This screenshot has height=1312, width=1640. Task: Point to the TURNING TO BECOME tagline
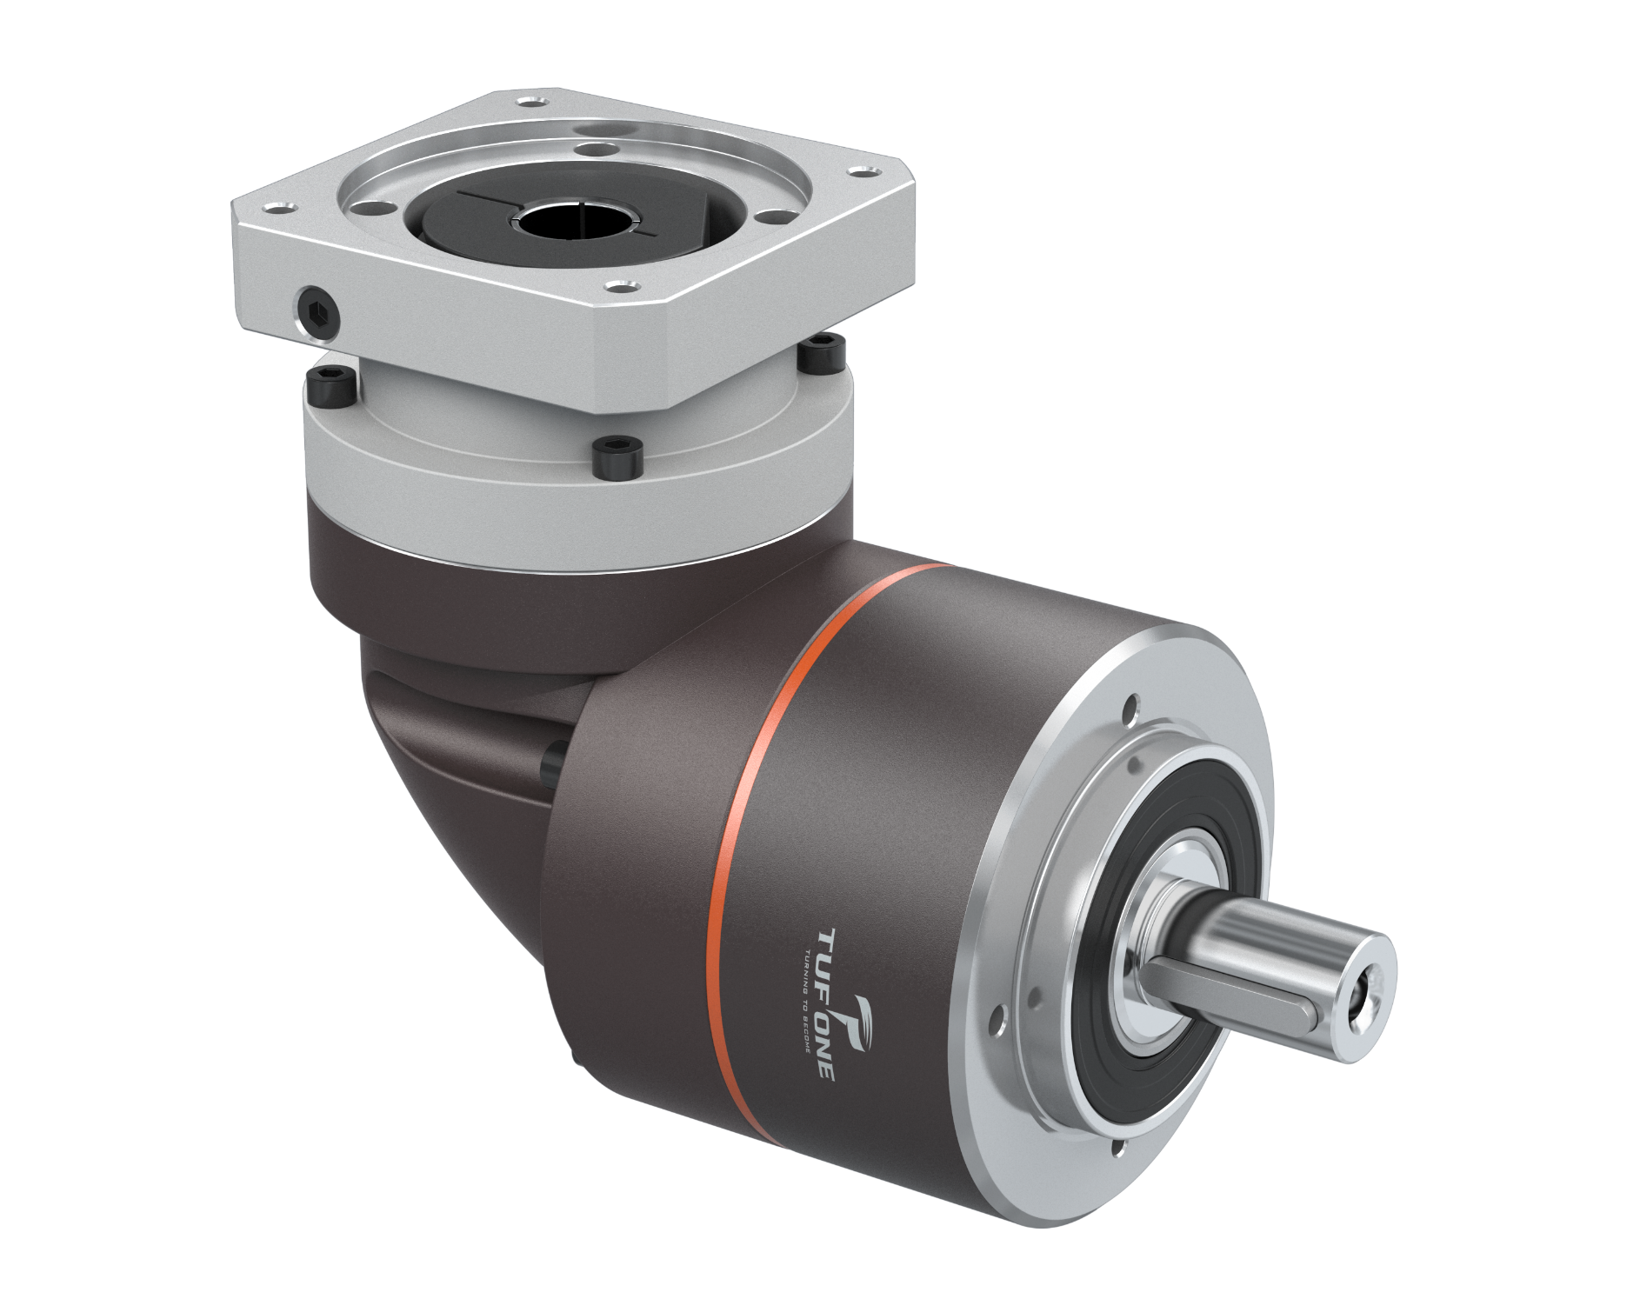pyautogui.click(x=803, y=1000)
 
